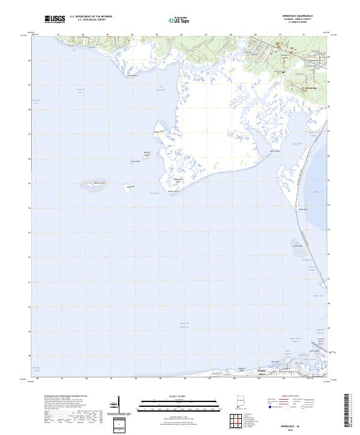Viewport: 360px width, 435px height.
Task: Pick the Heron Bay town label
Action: (x=310, y=88)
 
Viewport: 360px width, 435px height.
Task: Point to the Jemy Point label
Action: (x=275, y=151)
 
